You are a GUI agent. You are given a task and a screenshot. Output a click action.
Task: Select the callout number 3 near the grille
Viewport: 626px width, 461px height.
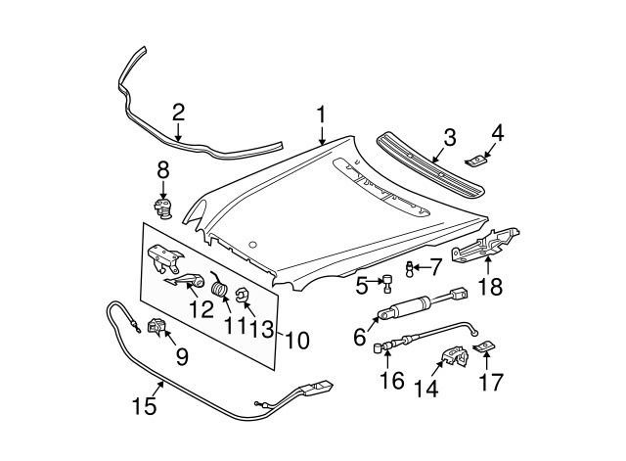(x=449, y=138)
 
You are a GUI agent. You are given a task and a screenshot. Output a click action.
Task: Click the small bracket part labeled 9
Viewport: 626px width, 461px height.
(x=156, y=326)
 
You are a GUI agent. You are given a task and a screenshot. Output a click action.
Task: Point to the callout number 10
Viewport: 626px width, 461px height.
(x=296, y=341)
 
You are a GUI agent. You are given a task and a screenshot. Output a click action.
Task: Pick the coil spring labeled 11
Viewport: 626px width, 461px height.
(x=221, y=291)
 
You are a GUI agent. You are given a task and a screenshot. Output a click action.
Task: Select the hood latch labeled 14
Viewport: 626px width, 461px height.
(x=452, y=358)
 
